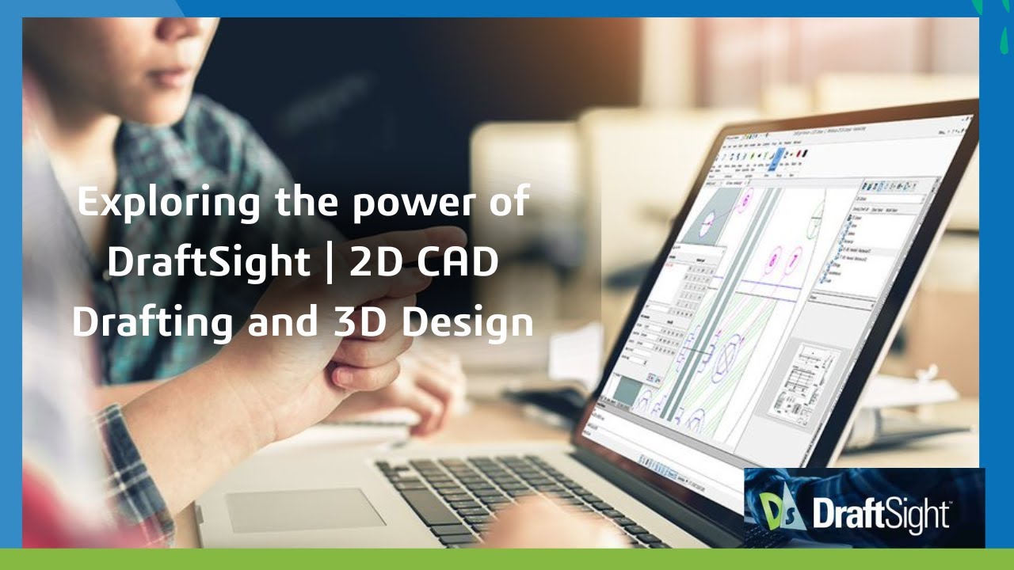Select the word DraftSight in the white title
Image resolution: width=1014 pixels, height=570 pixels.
[x=208, y=263]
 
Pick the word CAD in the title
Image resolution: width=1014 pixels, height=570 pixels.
[x=457, y=263]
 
